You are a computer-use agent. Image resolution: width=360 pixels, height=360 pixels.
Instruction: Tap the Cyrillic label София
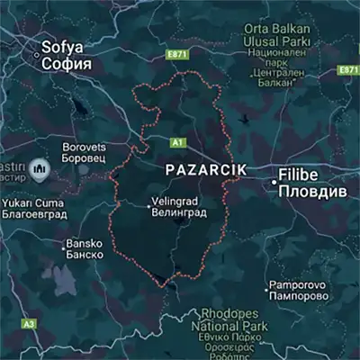[67, 64]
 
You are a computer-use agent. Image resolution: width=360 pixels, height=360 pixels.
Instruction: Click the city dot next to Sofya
[37, 55]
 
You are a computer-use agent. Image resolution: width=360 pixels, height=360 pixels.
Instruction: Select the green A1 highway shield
[176, 142]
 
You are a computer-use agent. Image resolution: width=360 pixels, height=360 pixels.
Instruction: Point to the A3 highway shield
[29, 323]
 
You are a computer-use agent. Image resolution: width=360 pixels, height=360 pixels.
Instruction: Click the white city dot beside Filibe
[274, 182]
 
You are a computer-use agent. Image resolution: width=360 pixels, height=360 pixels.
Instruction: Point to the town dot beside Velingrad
[150, 207]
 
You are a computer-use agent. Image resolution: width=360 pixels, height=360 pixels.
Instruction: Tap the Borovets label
[85, 146]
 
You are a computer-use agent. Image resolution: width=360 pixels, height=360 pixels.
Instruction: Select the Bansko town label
[85, 243]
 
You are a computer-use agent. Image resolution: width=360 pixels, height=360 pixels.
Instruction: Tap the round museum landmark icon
[38, 168]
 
